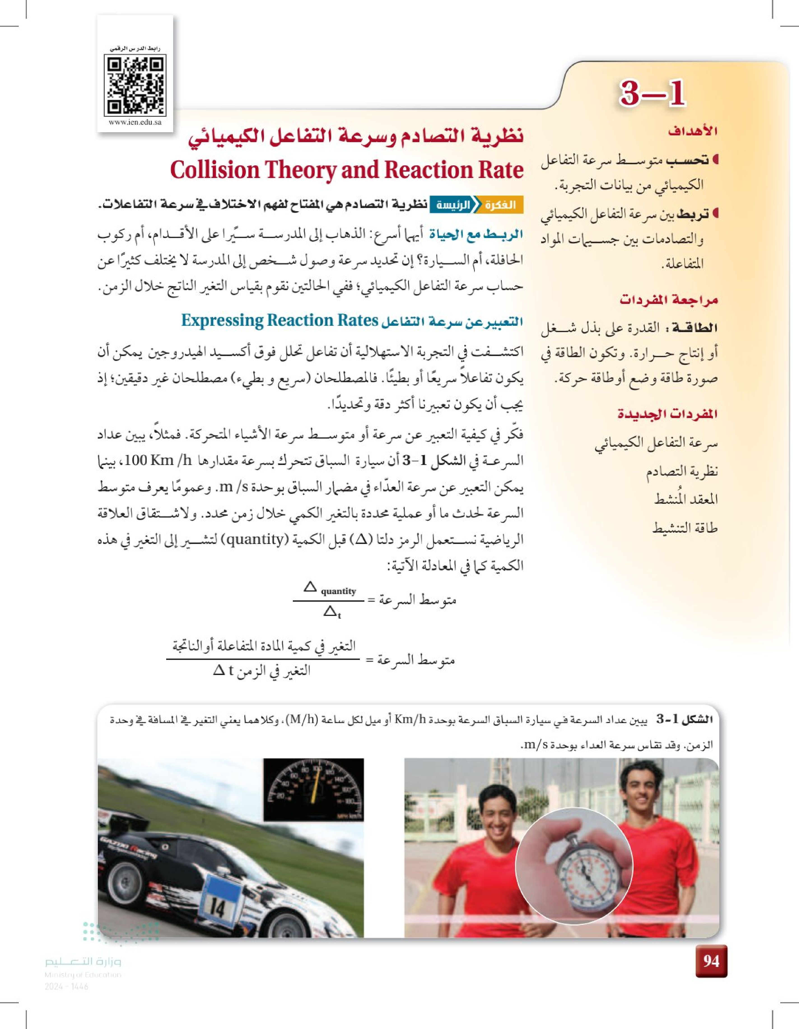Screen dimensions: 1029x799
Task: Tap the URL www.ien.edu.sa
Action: [135, 122]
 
